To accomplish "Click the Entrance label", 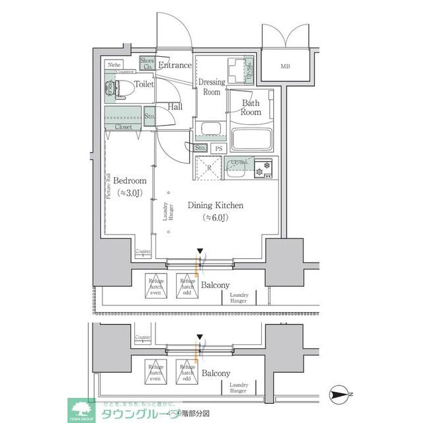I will [175, 65].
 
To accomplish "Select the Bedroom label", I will [129, 180].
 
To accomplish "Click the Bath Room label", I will [251, 107].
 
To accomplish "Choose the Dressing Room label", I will [212, 87].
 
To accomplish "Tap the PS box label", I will [218, 148].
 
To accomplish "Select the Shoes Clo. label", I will [147, 63].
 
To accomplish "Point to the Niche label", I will [113, 65].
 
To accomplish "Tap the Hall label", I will [175, 106].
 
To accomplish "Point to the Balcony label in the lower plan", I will [216, 373].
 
